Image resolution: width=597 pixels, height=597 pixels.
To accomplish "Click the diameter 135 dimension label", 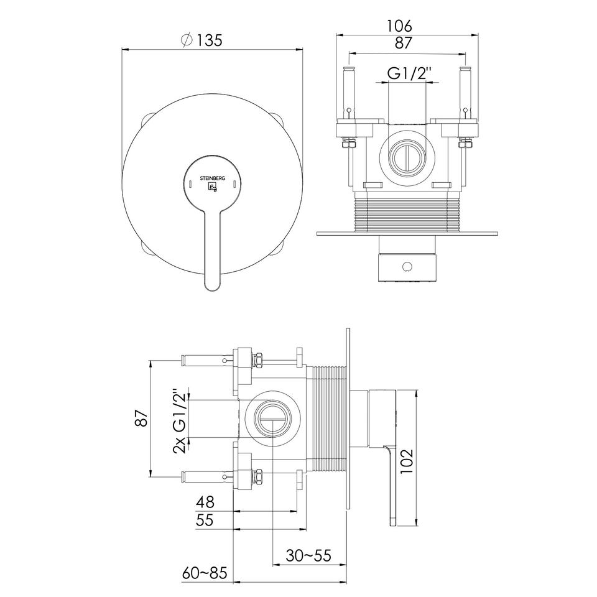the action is [202, 40].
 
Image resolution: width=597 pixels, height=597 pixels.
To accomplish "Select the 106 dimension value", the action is [399, 26].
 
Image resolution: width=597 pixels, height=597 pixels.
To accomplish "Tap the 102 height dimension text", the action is [407, 461].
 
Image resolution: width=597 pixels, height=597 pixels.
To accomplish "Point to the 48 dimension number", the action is [205, 502].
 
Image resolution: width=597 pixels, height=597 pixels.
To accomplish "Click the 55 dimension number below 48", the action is [205, 520].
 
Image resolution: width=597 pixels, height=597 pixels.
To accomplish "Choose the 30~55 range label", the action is [308, 556].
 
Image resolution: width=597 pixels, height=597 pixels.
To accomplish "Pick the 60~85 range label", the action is [205, 573].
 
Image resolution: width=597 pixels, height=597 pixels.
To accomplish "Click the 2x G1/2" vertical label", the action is [180, 421].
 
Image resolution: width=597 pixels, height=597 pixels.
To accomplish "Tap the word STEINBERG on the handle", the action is [213, 178].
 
